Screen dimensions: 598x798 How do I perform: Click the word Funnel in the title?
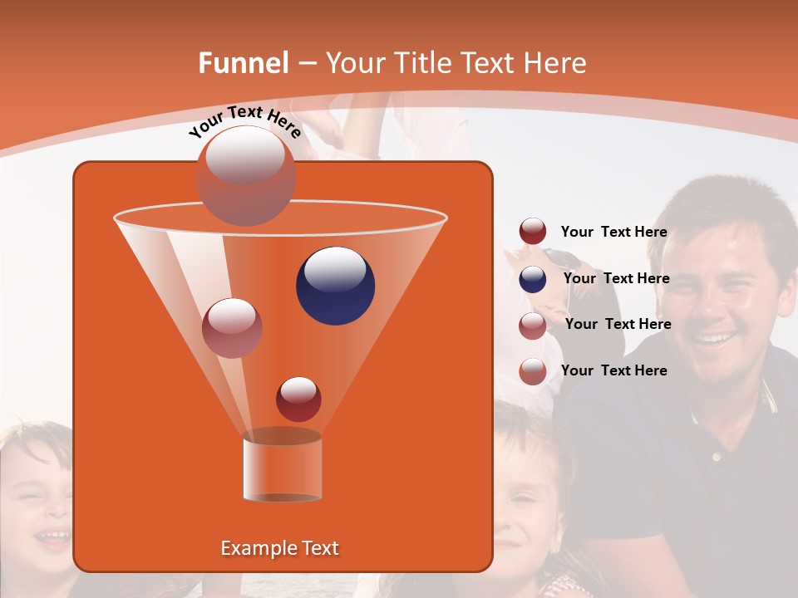(244, 63)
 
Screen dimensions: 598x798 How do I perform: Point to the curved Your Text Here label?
(244, 121)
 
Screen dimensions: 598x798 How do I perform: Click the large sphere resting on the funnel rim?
(245, 175)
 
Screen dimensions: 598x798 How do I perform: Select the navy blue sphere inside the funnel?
(335, 286)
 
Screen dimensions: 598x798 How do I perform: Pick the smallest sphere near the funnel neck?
(298, 399)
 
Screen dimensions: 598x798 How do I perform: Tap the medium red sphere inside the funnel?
(232, 327)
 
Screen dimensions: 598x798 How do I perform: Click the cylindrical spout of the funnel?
(282, 467)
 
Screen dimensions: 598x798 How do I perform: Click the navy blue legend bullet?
(533, 279)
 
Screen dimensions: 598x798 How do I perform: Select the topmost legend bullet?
(533, 232)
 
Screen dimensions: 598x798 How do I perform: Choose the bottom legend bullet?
(533, 371)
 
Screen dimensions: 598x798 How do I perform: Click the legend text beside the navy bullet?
(616, 278)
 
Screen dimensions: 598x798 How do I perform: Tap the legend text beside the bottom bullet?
(613, 370)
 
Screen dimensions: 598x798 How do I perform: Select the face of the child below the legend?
(528, 498)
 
